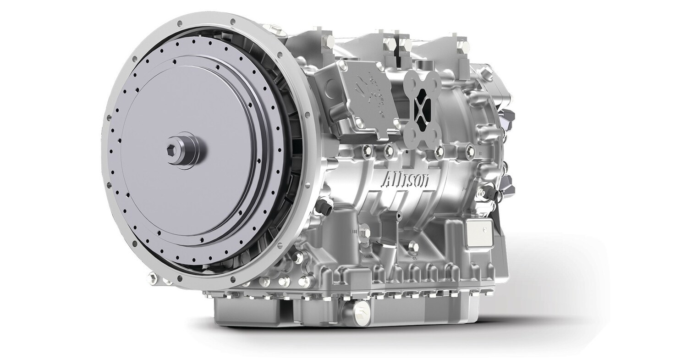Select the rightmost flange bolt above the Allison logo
[468, 148]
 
